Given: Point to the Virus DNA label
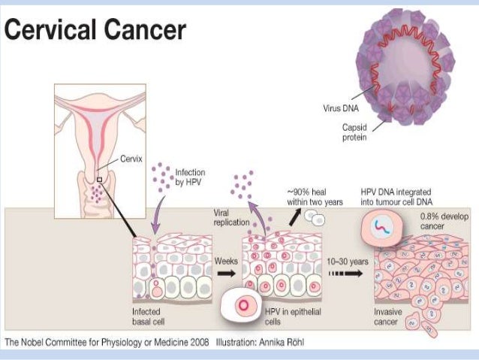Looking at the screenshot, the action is pyautogui.click(x=340, y=107).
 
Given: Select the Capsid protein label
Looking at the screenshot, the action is pyautogui.click(x=355, y=132).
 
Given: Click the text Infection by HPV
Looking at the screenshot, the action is pyautogui.click(x=189, y=177).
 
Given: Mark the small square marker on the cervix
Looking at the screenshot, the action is pyautogui.click(x=100, y=180).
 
